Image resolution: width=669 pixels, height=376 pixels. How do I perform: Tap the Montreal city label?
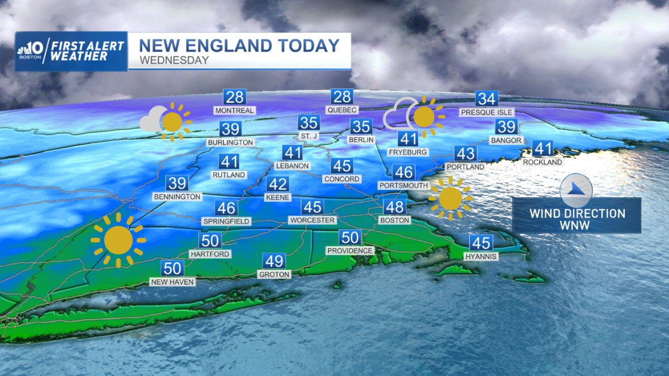[235, 110]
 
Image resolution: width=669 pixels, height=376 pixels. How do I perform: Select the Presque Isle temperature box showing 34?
[487, 99]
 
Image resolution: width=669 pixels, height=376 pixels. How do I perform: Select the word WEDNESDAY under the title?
[174, 60]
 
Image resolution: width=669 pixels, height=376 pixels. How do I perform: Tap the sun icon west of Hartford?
[118, 240]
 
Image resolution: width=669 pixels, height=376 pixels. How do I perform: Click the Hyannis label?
[481, 256]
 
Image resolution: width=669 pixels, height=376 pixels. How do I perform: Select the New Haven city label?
[173, 282]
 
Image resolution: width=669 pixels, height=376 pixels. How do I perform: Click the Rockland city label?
[542, 162]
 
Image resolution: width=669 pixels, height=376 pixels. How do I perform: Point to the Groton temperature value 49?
[274, 261]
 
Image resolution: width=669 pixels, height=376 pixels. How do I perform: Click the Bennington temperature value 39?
[178, 183]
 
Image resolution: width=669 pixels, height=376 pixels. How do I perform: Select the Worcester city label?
[312, 220]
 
